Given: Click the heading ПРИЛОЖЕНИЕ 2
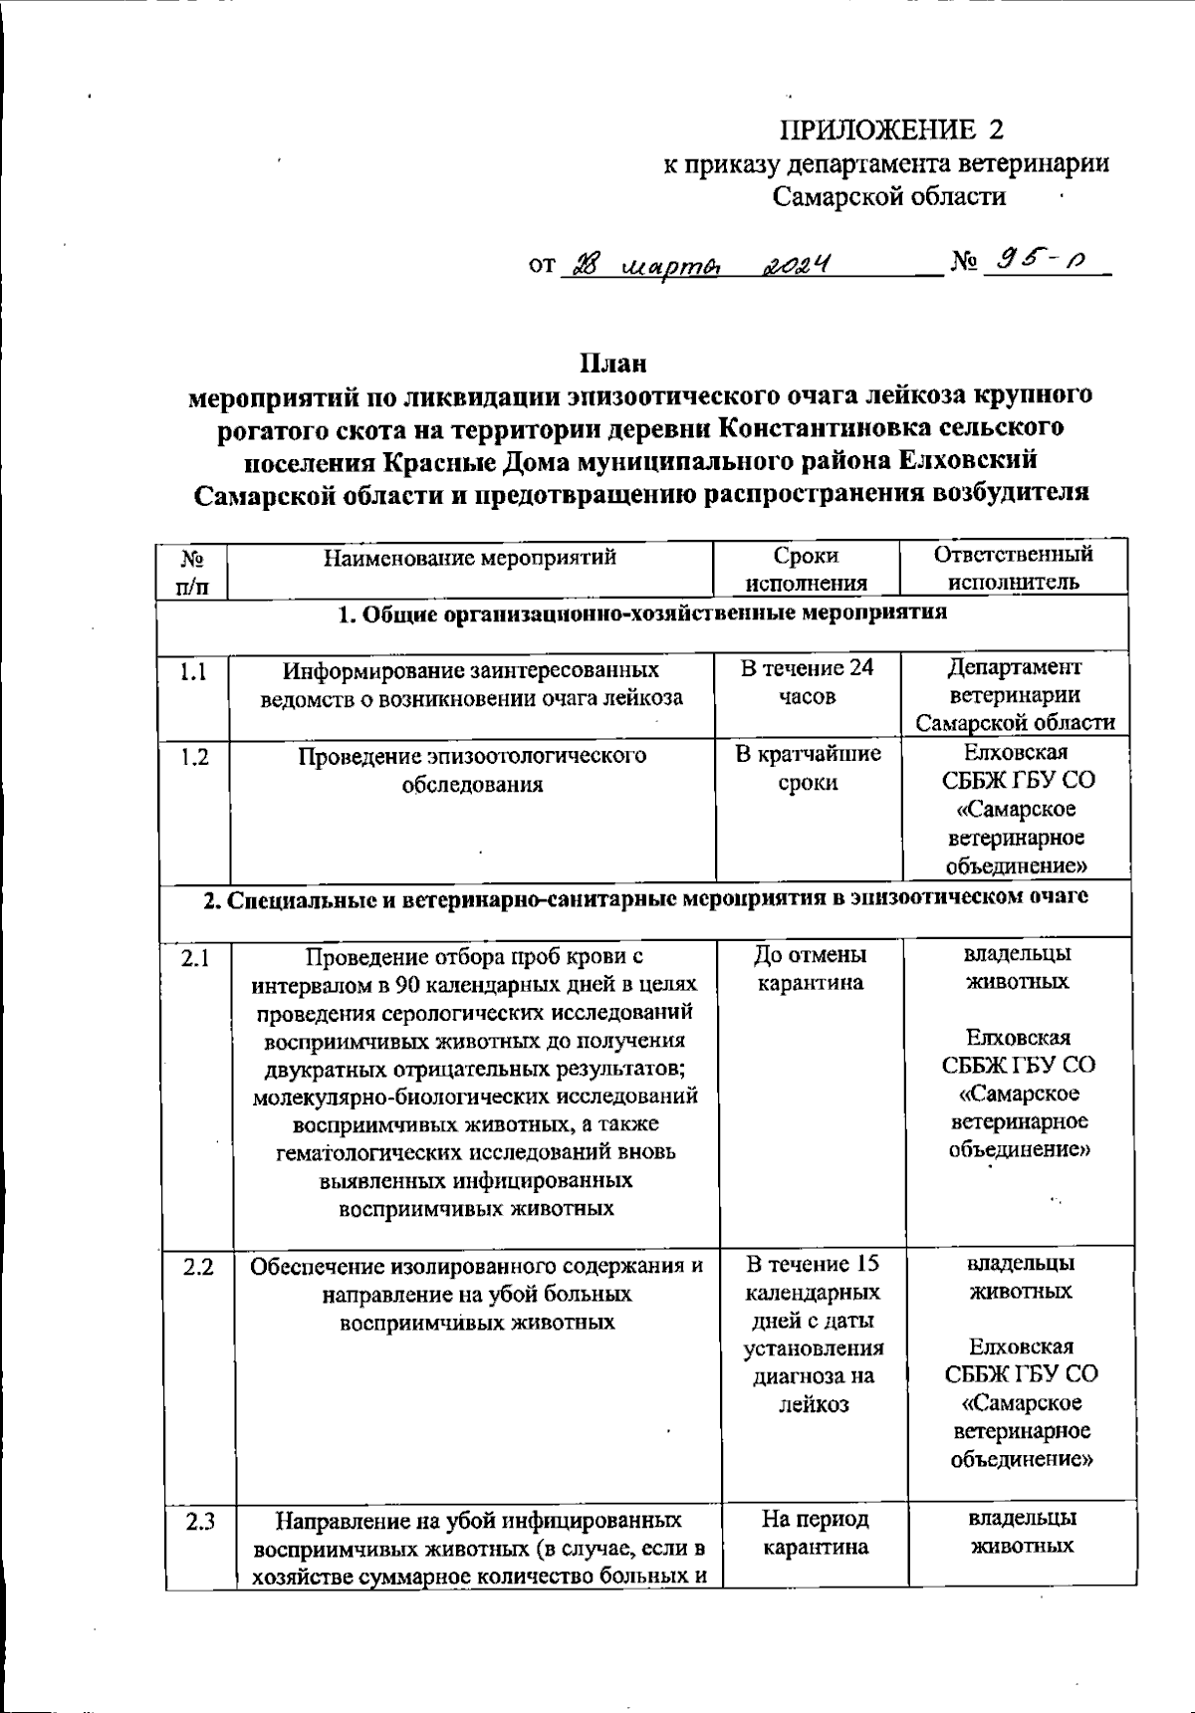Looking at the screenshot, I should (891, 130).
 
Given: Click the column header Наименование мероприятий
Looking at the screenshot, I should (470, 558).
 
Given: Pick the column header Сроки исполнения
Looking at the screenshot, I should (806, 569).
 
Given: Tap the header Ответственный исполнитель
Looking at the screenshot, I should (1013, 568).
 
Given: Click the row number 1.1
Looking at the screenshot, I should (194, 672).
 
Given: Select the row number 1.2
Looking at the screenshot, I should (195, 757).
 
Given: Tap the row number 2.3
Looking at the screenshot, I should (199, 1523).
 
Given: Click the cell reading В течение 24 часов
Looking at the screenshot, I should (807, 682).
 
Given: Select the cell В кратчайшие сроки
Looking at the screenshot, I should (808, 768).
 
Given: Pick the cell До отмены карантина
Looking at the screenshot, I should (810, 969).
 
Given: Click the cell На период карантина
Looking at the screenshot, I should (814, 1533).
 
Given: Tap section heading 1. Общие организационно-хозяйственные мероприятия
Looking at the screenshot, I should (642, 613).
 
